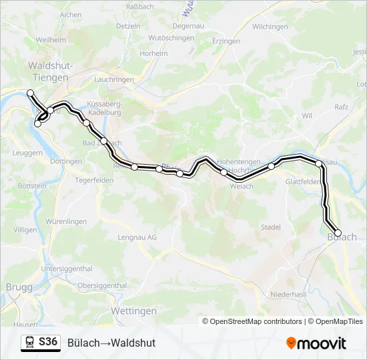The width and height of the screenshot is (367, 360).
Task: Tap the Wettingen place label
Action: point(133,311)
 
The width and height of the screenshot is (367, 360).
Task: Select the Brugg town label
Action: point(18,287)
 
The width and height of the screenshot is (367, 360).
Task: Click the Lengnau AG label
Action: point(137,237)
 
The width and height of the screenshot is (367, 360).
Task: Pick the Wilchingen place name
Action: point(270,27)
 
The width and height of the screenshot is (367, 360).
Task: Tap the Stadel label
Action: point(270,227)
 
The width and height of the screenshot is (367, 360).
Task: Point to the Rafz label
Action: point(342,106)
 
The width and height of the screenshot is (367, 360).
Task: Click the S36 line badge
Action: point(48,342)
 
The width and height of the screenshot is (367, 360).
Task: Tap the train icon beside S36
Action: point(29,343)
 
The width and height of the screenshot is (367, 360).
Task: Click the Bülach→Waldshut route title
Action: point(111,343)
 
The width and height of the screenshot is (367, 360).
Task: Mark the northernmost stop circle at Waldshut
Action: point(30,93)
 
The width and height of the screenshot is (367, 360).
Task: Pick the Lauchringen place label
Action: point(114,79)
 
